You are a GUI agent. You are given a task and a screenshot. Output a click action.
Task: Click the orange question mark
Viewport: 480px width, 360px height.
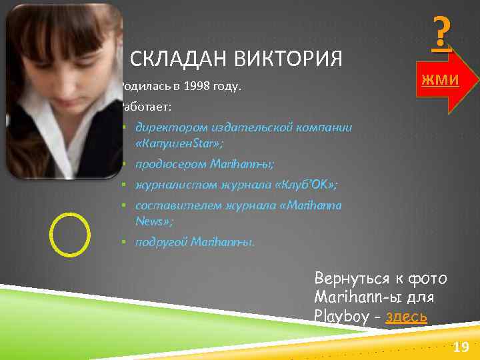(x=441, y=34)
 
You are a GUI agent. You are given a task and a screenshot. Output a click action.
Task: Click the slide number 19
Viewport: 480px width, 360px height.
(x=461, y=347)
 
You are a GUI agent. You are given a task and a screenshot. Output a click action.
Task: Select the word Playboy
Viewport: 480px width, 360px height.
(x=341, y=315)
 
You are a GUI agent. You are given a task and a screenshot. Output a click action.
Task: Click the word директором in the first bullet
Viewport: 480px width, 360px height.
(x=167, y=127)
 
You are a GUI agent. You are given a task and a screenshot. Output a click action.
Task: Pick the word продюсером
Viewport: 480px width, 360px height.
(x=169, y=163)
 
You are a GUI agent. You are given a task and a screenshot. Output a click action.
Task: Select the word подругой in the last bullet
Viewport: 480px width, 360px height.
(x=161, y=241)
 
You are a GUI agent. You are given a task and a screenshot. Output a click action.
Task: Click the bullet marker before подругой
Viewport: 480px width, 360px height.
(x=125, y=241)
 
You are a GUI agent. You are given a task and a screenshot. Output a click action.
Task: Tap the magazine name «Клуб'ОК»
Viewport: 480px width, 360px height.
(x=307, y=185)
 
